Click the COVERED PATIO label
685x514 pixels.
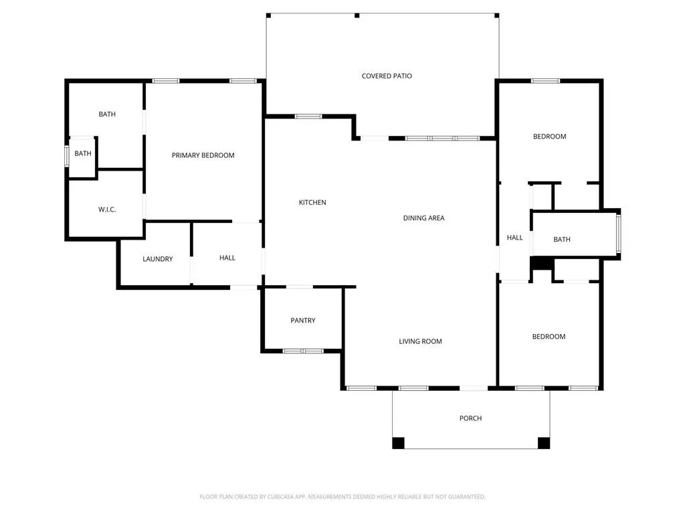click(387, 76)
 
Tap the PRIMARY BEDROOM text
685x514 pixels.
click(203, 155)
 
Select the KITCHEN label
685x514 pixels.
click(312, 202)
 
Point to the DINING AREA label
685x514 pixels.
click(423, 218)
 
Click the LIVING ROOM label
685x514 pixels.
click(420, 341)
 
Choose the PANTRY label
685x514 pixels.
click(303, 321)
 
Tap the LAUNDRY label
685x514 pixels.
click(158, 259)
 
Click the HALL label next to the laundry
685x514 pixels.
click(227, 258)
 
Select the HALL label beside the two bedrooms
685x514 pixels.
click(515, 238)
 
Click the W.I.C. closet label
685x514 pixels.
click(107, 209)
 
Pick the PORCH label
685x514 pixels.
click(470, 418)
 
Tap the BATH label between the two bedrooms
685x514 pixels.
click(562, 240)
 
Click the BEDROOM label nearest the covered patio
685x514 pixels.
click(549, 137)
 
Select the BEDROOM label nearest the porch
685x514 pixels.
click(549, 337)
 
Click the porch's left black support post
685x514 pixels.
click(398, 442)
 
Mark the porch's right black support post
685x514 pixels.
click(544, 442)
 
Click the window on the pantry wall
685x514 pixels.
click(303, 351)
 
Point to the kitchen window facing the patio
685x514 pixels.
click(308, 116)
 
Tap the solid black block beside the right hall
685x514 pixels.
click(541, 264)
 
